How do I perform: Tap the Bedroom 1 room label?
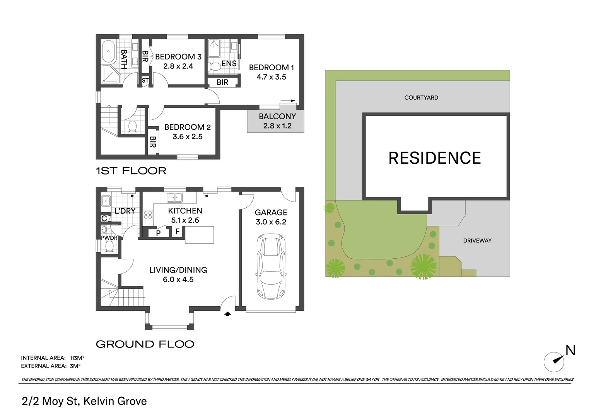point(271,68)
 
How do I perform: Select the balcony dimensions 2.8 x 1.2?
point(277,126)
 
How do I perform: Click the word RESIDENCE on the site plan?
point(434,158)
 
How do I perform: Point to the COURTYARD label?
point(421,98)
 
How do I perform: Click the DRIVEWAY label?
point(477,241)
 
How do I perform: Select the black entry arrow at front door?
point(228,314)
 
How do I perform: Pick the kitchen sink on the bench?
point(174,198)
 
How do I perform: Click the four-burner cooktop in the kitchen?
point(148,215)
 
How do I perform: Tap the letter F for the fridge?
point(178,232)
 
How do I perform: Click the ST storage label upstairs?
point(145,81)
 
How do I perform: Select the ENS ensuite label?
point(229,63)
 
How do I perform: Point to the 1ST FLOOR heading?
point(131,171)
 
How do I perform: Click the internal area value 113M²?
point(77,358)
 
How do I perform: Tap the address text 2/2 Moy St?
point(50,401)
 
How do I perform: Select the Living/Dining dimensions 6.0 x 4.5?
point(178,280)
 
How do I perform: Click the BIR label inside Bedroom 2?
point(153,142)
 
